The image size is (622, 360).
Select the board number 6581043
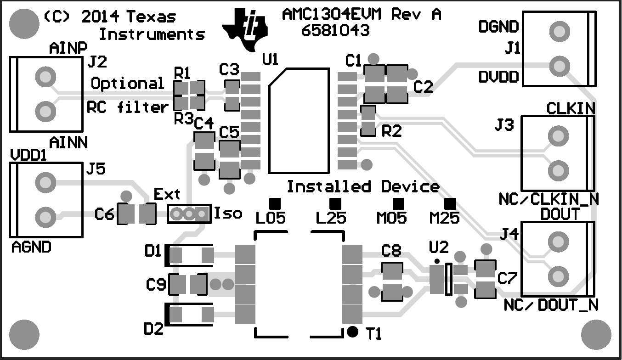click(x=335, y=31)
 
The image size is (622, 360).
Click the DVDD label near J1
click(x=498, y=77)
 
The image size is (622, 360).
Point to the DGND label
click(x=498, y=27)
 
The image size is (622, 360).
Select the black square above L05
click(x=274, y=202)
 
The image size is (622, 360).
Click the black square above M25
click(x=450, y=202)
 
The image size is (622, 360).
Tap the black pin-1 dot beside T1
click(x=352, y=331)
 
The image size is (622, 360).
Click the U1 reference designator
click(x=270, y=59)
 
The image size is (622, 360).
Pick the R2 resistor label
click(x=391, y=132)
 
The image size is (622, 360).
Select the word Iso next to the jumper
click(x=228, y=213)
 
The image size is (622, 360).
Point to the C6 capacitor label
click(x=104, y=214)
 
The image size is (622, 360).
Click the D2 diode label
click(x=153, y=329)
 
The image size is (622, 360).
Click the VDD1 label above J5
click(x=28, y=156)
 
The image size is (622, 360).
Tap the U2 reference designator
click(x=438, y=247)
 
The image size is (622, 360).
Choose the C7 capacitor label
click(x=508, y=278)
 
